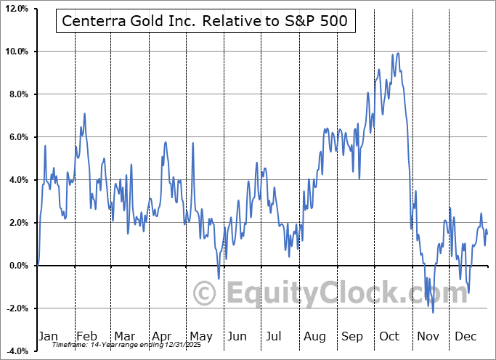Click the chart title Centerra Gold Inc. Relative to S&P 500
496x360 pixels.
click(x=206, y=22)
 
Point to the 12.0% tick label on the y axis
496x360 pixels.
click(x=15, y=9)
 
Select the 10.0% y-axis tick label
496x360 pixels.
click(x=15, y=52)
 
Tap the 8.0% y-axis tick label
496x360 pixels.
click(x=17, y=94)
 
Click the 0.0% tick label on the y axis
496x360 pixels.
click(x=17, y=266)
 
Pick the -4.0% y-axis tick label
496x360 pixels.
click(x=16, y=351)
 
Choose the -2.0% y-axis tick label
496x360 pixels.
click(x=16, y=308)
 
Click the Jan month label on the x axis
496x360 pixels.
click(x=48, y=336)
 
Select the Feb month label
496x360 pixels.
click(x=86, y=336)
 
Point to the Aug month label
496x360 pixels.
click(x=314, y=336)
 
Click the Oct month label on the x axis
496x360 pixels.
click(x=390, y=336)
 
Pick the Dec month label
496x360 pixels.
click(x=465, y=336)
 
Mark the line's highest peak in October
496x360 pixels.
click(x=397, y=53)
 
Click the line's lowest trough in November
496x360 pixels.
click(x=434, y=313)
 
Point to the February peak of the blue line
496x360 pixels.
click(x=85, y=113)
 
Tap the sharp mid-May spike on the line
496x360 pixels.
click(x=193, y=143)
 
